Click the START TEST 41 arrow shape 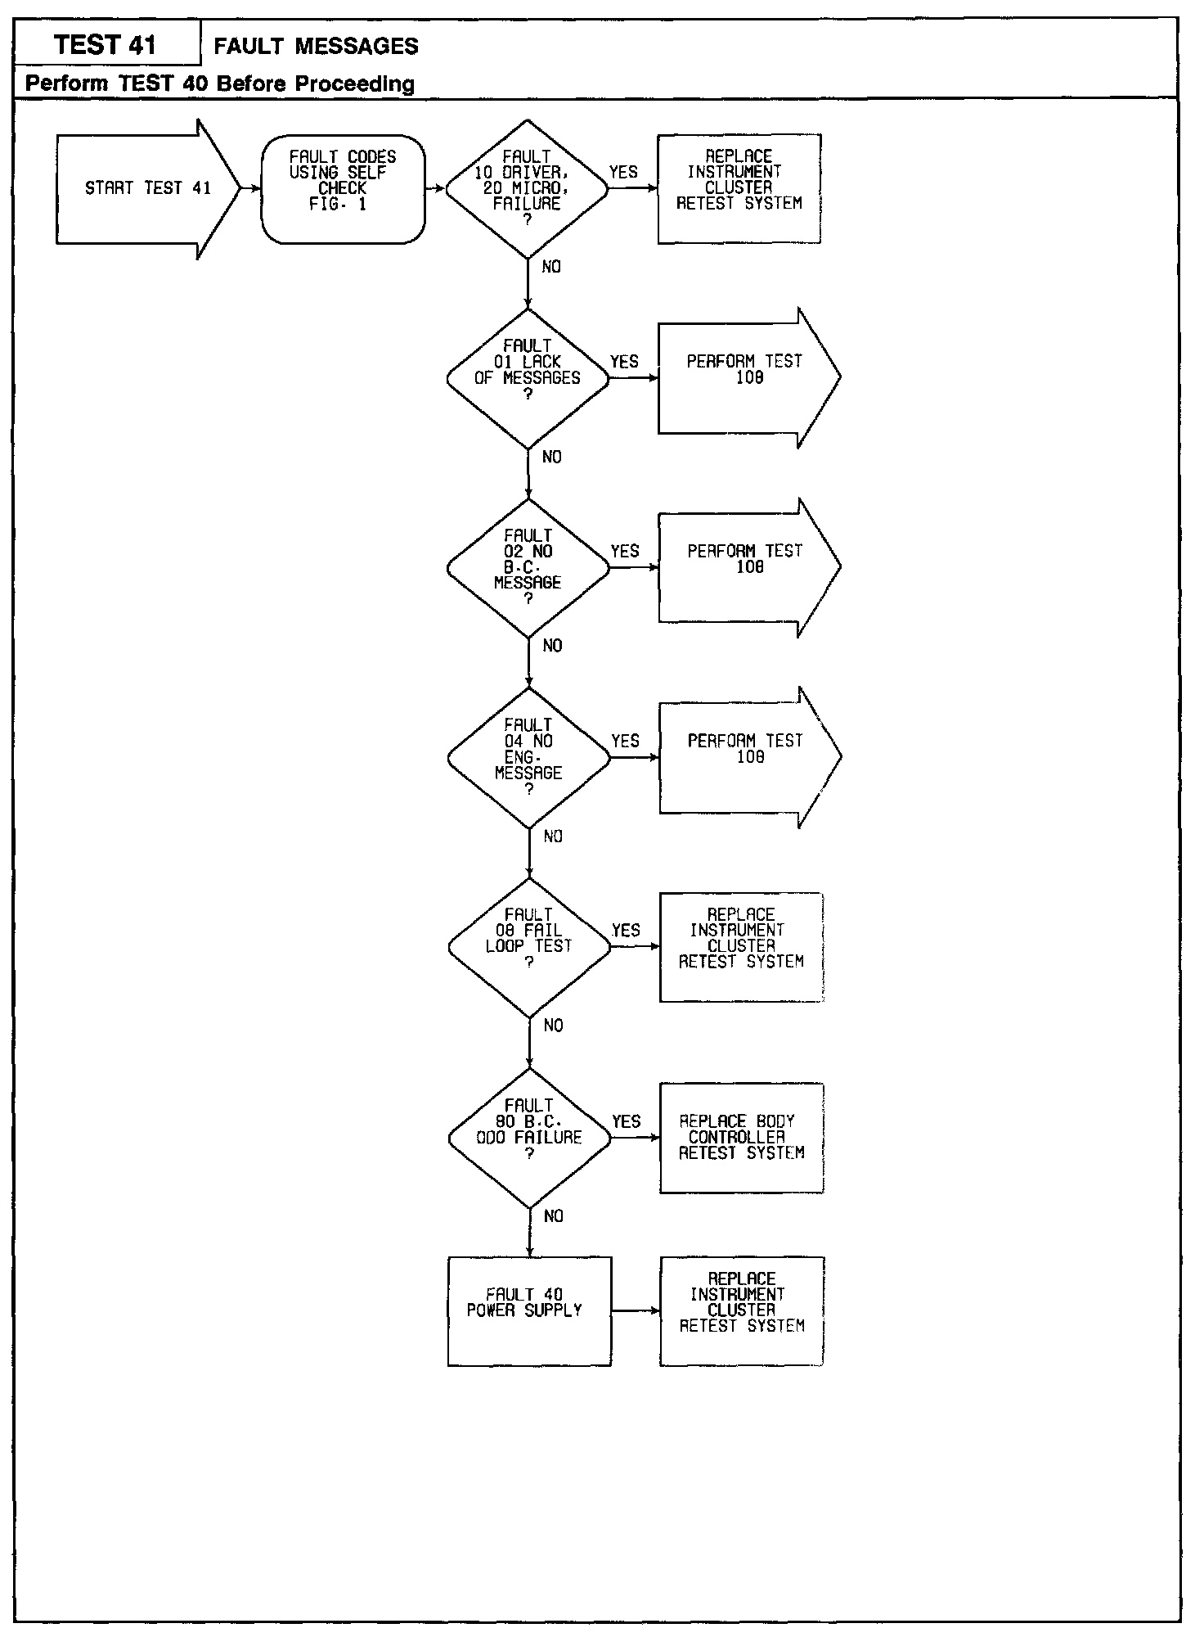[x=147, y=189]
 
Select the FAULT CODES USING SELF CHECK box [x=343, y=189]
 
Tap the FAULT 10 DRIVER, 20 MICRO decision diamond [x=528, y=189]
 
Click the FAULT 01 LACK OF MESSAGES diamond [x=528, y=378]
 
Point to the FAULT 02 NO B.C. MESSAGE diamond [x=528, y=567]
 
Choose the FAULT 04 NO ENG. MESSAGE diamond [x=528, y=757]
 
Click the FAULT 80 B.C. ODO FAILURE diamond [x=529, y=1137]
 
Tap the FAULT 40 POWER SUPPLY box [x=529, y=1310]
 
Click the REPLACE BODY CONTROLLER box [x=741, y=1137]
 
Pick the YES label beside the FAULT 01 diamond [x=624, y=362]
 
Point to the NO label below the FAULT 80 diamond [x=554, y=1216]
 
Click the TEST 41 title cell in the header [x=106, y=44]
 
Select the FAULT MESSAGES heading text [x=316, y=47]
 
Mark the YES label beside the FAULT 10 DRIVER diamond [x=623, y=172]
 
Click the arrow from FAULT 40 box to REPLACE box [x=636, y=1310]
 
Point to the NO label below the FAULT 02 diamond [x=553, y=646]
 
